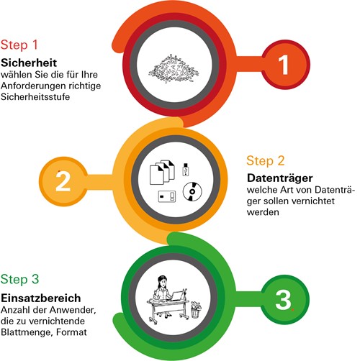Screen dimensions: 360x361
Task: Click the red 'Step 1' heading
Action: coord(19,45)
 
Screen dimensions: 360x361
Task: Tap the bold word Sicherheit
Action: coord(29,63)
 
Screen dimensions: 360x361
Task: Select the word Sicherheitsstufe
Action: coord(35,97)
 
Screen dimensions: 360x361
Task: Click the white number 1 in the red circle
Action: coord(284,65)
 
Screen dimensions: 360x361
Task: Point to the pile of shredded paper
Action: coord(174,69)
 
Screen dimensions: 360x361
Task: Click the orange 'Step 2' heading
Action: coord(266,160)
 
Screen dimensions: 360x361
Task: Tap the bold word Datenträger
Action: coord(280,178)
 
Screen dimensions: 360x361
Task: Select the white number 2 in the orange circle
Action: coord(63,181)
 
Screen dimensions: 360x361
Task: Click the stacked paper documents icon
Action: coord(162,172)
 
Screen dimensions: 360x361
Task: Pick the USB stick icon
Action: coord(186,170)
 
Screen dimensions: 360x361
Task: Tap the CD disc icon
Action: coord(192,191)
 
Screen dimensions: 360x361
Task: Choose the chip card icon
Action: coord(167,196)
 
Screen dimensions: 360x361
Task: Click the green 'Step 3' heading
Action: coord(19,279)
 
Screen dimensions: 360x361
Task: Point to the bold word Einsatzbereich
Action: coord(41,298)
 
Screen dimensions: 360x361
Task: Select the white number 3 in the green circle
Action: coord(283,300)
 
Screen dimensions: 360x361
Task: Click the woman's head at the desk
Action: coord(162,281)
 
